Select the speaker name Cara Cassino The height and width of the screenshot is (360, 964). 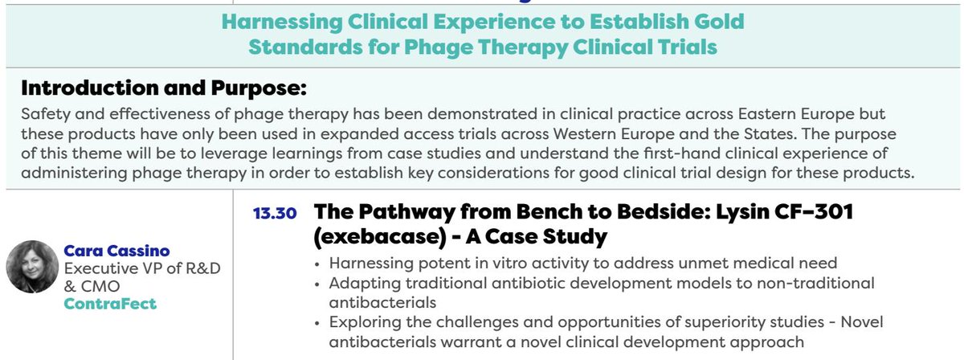[116, 251]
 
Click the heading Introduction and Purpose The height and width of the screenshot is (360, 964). [163, 87]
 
